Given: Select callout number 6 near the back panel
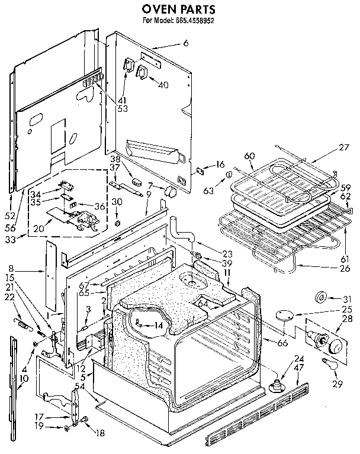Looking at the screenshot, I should tap(185, 44).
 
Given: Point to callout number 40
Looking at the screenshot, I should tap(163, 85).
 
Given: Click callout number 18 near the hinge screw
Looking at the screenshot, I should tap(99, 433).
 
